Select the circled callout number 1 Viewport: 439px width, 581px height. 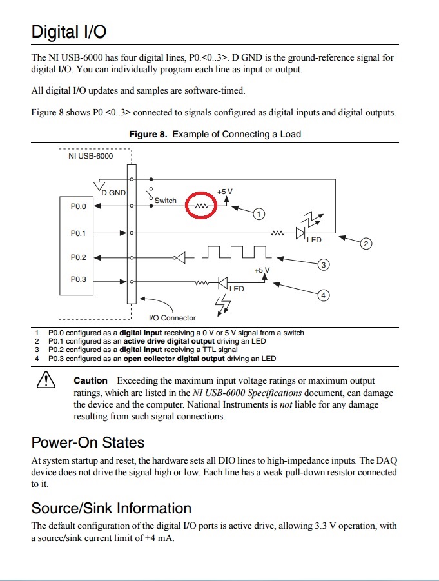[x=258, y=213]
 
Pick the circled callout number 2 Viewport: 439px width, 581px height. [x=366, y=244]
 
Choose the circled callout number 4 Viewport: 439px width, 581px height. [x=324, y=295]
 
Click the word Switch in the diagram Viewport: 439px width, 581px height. [x=165, y=201]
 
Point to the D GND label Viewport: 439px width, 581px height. [x=113, y=192]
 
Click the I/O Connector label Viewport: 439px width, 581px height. [x=172, y=318]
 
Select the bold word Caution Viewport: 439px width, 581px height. [x=90, y=381]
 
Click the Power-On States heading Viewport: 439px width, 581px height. [x=88, y=443]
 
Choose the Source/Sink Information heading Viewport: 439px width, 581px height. [x=111, y=508]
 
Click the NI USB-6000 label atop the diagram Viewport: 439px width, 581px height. [x=90, y=156]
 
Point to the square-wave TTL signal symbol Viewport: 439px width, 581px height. [x=237, y=252]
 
